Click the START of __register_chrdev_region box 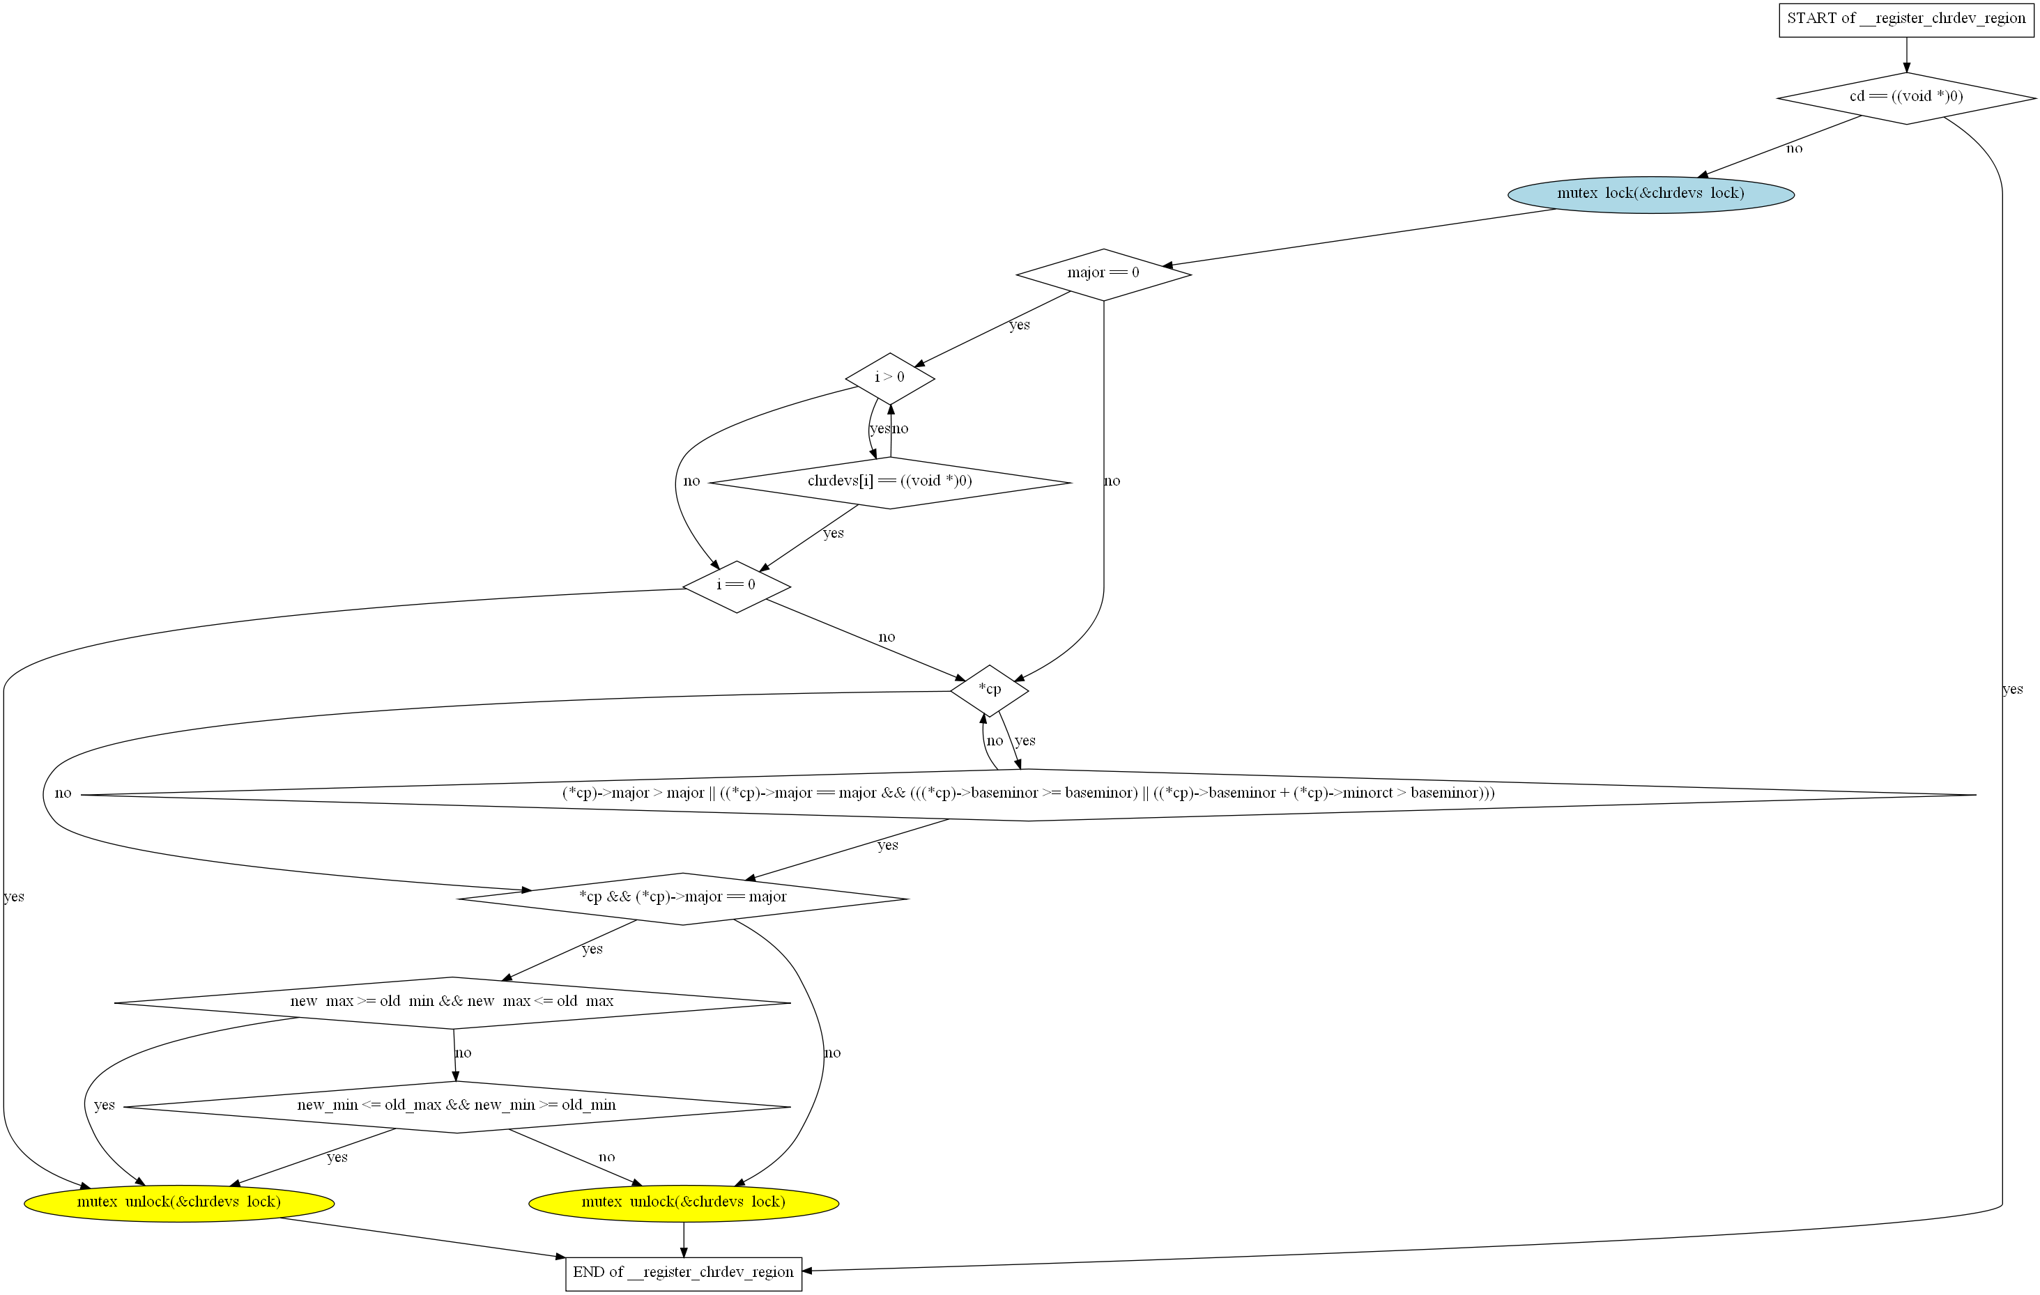point(1906,19)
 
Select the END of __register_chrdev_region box point(683,1272)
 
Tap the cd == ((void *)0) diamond point(1906,98)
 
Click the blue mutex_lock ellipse point(1650,194)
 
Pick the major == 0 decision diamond point(1103,274)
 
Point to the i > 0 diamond point(889,378)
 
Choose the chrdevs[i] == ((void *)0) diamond point(889,482)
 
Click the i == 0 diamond point(736,586)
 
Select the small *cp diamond point(990,690)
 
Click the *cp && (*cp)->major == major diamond point(683,898)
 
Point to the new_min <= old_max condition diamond point(457,1106)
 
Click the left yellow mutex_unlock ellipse point(178,1202)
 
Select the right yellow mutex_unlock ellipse point(683,1202)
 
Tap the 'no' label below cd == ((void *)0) point(1794,149)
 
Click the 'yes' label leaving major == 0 point(1019,325)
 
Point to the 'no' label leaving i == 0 point(886,637)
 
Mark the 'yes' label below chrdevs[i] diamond point(834,534)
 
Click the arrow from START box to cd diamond point(1906,55)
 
